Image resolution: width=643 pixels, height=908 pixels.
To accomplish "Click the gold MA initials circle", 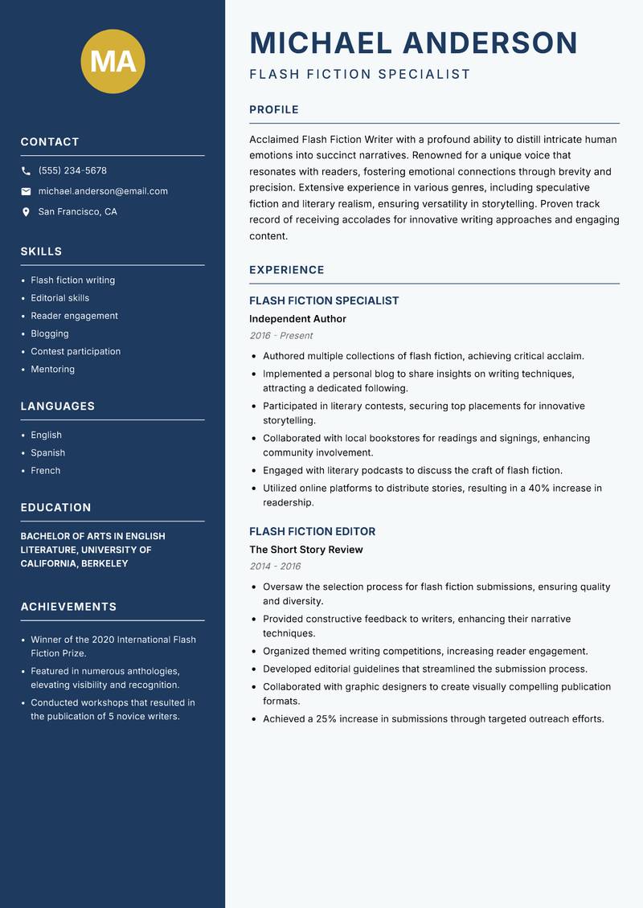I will [x=113, y=61].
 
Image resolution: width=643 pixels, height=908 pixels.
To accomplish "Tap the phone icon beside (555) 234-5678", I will [x=26, y=171].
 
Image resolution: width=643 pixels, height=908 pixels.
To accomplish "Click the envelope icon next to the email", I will [x=26, y=191].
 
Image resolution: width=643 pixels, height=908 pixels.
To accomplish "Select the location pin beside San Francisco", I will [x=26, y=212].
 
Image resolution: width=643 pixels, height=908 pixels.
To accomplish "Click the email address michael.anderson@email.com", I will [x=103, y=191].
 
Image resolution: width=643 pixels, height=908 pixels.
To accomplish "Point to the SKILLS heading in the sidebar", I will [x=41, y=252].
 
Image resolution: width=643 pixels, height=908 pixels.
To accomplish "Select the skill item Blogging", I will [x=50, y=333].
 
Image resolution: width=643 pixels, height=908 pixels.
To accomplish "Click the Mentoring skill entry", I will [x=52, y=369].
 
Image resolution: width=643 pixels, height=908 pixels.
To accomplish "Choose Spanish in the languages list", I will [x=47, y=452].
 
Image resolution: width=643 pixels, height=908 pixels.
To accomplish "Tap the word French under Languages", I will [x=45, y=470].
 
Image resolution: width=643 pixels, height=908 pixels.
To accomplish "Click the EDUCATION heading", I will [x=55, y=508].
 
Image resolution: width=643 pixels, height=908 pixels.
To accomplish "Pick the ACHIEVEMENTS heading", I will [x=68, y=607].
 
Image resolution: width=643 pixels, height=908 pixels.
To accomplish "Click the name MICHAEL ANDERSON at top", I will [x=413, y=43].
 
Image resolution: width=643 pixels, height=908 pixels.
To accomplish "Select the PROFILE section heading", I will [x=273, y=110].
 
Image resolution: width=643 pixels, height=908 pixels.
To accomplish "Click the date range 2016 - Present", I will [x=281, y=336].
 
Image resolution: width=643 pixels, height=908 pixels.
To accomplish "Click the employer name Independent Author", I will [x=297, y=319].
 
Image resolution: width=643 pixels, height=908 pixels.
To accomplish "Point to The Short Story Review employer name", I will [x=305, y=550].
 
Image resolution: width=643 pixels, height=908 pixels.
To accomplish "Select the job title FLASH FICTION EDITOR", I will [x=312, y=531].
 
